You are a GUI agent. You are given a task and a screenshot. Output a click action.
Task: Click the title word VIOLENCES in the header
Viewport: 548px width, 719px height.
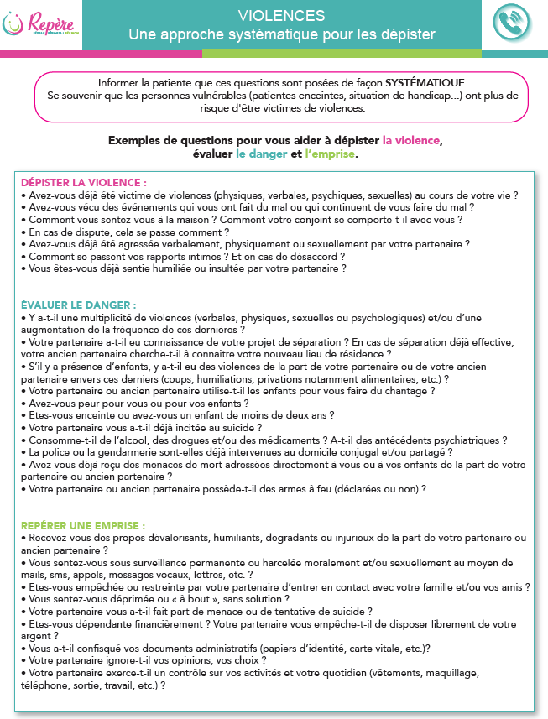point(281,16)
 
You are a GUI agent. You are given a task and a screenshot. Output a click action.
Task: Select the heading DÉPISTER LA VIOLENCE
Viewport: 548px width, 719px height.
point(84,182)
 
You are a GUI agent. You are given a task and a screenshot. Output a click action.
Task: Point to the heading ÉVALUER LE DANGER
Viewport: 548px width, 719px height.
point(78,305)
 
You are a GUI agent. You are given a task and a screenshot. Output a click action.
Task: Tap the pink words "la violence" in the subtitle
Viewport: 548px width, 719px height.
point(411,140)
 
